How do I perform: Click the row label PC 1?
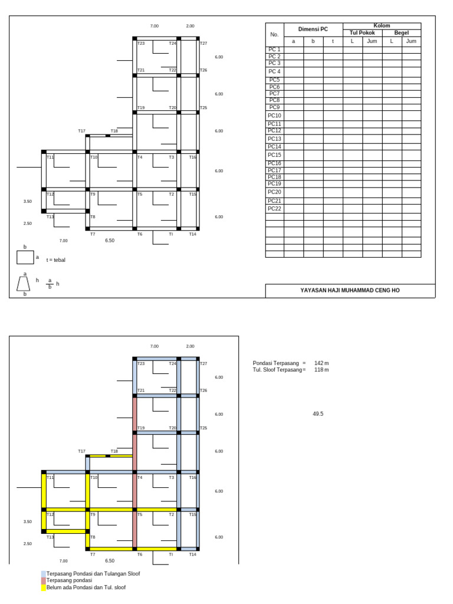pos(274,50)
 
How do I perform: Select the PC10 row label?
pos(274,116)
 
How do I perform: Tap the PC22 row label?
pos(274,209)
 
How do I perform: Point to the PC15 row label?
pos(274,155)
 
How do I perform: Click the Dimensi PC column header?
pos(313,29)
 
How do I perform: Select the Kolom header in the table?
pos(382,26)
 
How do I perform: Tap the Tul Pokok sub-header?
pos(362,33)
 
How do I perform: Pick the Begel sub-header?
pos(401,33)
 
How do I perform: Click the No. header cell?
pos(274,34)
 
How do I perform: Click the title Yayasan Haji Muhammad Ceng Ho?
pos(350,291)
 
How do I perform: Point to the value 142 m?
pos(321,363)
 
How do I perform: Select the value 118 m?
pos(321,370)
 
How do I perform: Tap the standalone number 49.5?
pos(318,414)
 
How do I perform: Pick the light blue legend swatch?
pos(43,573)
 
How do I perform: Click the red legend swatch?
pos(43,580)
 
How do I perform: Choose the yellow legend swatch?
pos(43,587)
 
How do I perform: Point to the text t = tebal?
pos(56,260)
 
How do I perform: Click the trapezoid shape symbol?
pos(24,284)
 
